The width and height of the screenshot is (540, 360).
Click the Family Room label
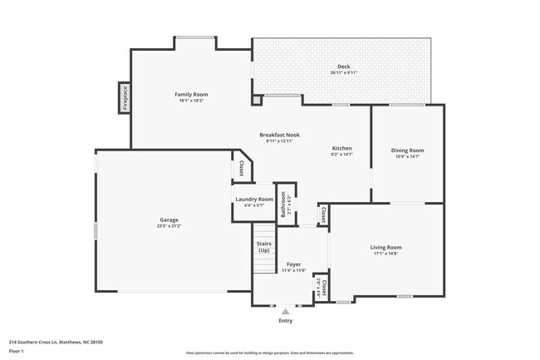tap(191, 95)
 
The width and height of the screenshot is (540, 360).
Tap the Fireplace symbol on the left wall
tap(125, 99)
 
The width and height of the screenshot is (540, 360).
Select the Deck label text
tap(343, 67)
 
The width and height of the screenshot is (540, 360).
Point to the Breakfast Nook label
tap(279, 135)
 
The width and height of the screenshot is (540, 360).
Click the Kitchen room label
tap(342, 147)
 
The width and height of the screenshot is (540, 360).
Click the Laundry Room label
tap(254, 200)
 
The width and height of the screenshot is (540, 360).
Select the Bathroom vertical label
tap(283, 204)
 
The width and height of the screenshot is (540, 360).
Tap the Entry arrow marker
tap(286, 311)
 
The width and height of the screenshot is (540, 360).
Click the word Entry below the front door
tap(286, 320)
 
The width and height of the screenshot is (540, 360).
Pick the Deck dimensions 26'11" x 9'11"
tap(343, 72)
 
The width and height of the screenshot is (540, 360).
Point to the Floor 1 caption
tap(16, 351)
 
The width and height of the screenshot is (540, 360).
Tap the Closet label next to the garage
tap(241, 169)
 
